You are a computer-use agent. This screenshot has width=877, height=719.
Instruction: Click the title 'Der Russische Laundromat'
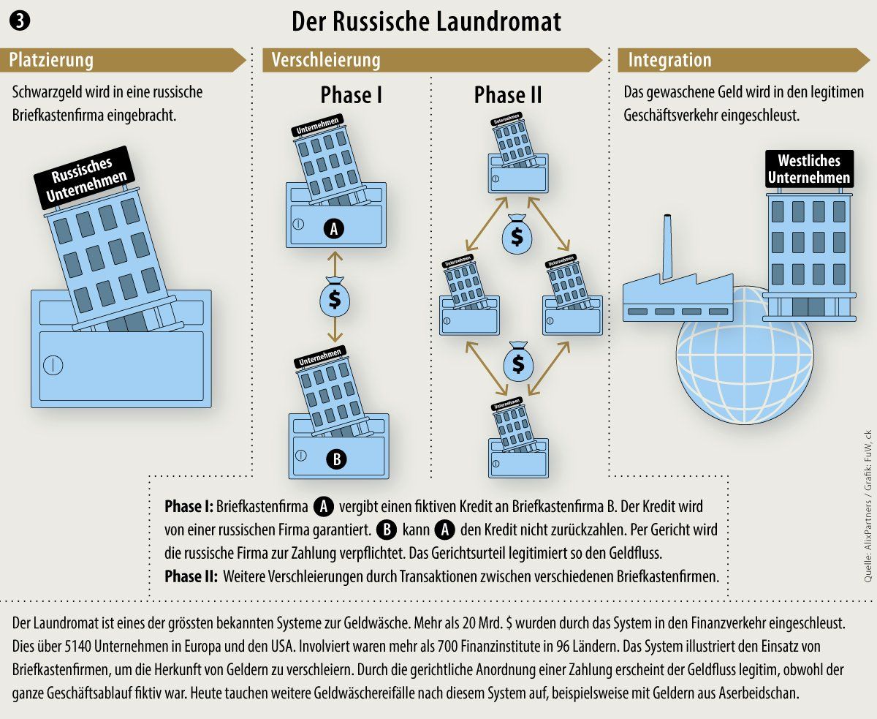(426, 21)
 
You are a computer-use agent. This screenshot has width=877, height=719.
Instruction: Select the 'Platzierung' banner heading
(51, 61)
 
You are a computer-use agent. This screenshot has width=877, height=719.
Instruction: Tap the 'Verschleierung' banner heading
(326, 61)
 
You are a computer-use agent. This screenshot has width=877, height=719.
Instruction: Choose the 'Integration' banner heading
(669, 61)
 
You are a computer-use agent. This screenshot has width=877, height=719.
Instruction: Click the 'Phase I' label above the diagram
(352, 95)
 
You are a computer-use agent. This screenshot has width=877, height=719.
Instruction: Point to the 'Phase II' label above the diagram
(508, 95)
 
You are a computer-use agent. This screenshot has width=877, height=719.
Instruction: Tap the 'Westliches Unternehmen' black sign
(808, 169)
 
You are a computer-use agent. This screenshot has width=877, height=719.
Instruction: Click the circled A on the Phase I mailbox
(334, 229)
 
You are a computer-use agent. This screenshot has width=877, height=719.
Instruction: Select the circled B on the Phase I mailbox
(336, 459)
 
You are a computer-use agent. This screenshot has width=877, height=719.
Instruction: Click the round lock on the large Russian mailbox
(53, 364)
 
